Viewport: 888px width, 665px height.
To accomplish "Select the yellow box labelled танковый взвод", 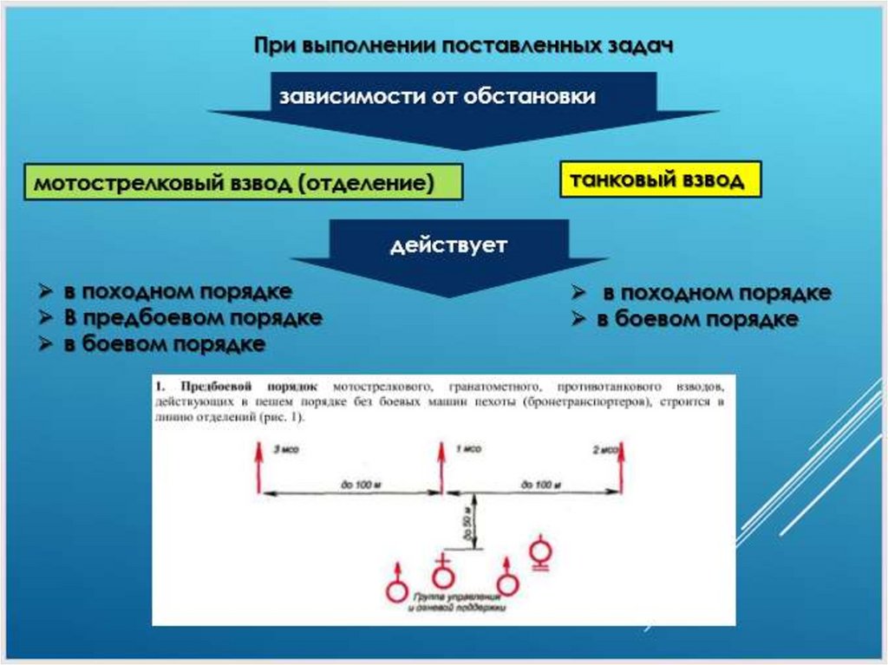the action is point(661,179).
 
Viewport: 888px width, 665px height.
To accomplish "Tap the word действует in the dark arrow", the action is point(447,245).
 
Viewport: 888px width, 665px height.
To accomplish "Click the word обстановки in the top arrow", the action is point(529,96).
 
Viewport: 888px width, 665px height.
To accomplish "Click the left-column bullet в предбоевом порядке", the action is point(193,317).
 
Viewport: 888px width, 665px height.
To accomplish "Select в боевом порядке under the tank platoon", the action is point(696,318).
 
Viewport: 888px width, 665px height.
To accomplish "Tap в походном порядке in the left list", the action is point(177,291).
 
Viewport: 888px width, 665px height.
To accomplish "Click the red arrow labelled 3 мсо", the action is point(258,468).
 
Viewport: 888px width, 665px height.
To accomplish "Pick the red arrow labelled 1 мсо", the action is point(441,468).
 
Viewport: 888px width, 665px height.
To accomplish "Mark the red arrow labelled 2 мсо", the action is point(622,468).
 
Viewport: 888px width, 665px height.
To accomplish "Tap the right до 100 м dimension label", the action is point(540,486).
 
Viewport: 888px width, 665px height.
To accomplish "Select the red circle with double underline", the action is point(540,551).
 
